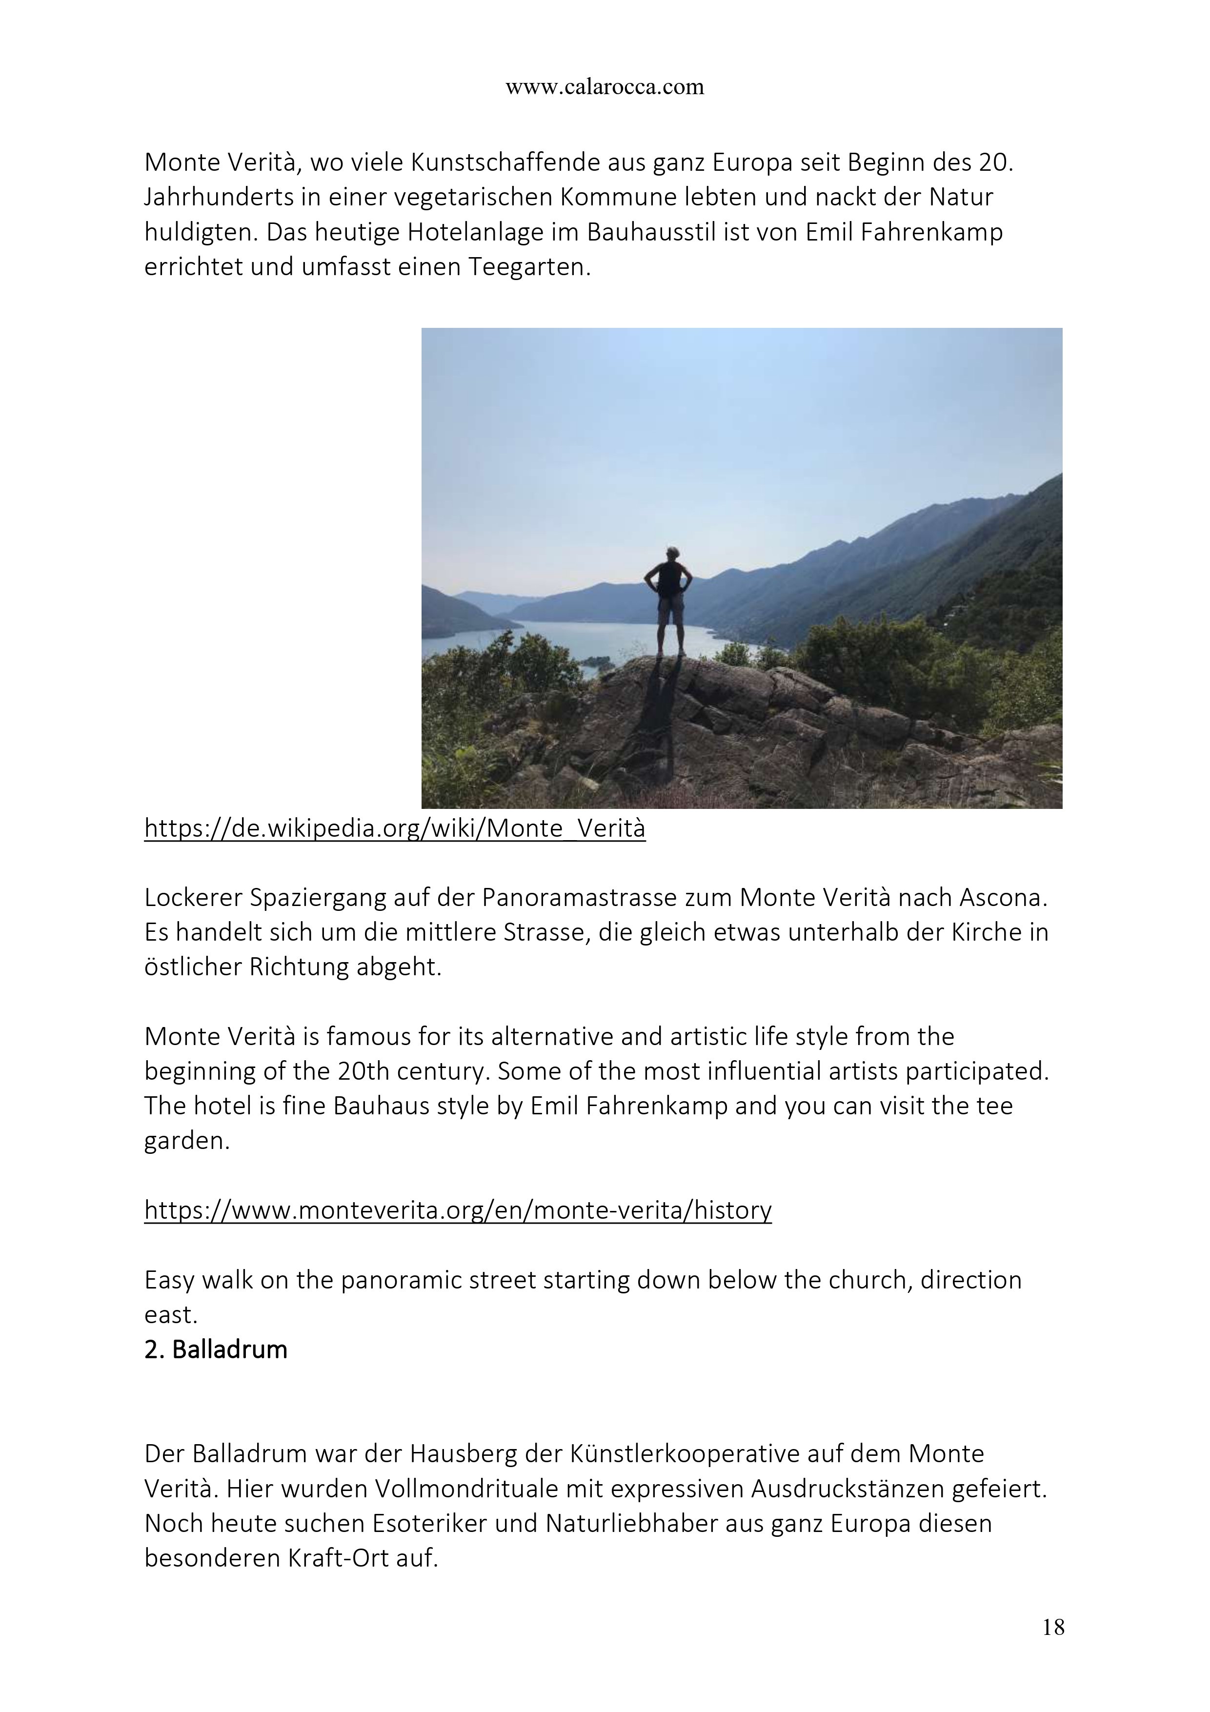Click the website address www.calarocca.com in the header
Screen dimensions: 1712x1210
(605, 87)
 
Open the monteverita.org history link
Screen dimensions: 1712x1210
(458, 1209)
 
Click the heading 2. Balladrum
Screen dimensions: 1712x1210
(216, 1349)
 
